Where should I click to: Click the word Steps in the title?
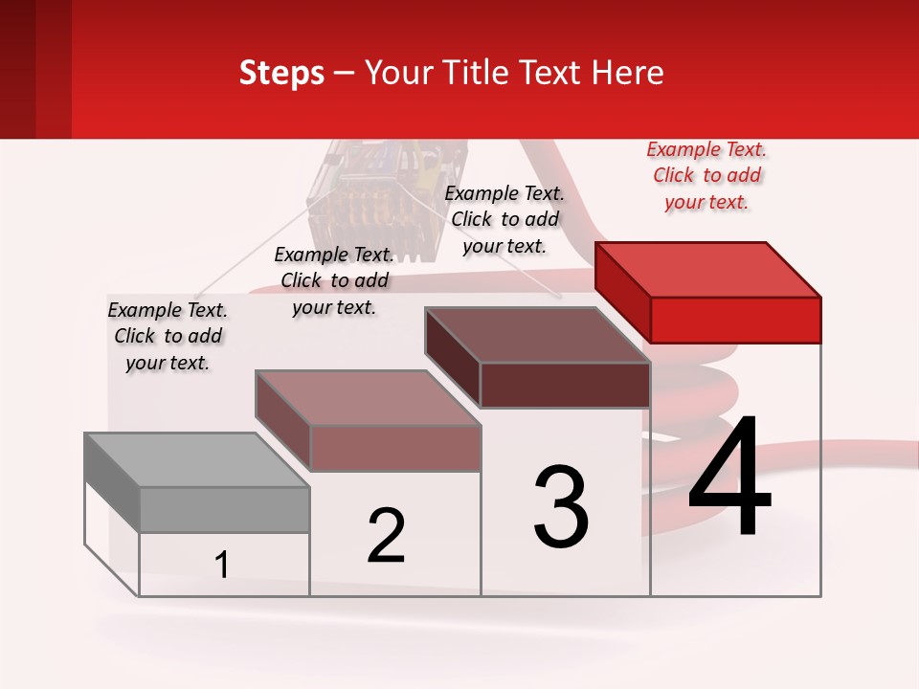tap(281, 73)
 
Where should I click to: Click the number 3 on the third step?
tap(561, 507)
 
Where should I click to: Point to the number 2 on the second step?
tap(386, 536)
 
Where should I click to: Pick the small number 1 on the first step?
tap(222, 566)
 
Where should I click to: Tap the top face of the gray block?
tap(196, 460)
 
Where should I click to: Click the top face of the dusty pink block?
tap(368, 398)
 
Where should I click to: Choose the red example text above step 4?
tap(706, 176)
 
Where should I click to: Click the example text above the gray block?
tap(168, 336)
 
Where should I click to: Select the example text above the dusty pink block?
tap(334, 280)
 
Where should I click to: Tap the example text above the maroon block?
tap(504, 219)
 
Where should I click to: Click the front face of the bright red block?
tap(735, 320)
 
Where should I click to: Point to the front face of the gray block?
tap(224, 509)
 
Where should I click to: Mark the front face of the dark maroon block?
tap(565, 385)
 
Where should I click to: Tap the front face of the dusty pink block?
tap(394, 448)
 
